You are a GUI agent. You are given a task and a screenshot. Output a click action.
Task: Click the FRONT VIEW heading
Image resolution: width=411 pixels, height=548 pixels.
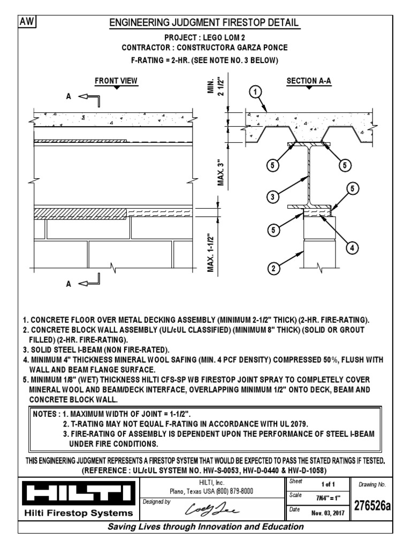116,81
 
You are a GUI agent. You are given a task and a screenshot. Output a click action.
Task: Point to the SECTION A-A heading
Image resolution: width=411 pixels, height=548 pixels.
309,81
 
